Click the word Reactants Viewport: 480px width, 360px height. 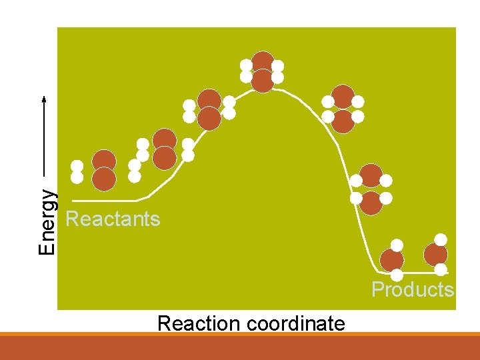click(113, 219)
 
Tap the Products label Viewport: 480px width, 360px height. click(412, 289)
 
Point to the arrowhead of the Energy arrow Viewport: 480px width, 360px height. click(44, 99)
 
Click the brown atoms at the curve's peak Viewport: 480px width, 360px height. click(263, 71)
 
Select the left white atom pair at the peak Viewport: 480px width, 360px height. click(247, 71)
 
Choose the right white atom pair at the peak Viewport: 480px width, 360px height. click(278, 71)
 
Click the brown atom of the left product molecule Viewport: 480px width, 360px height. click(392, 260)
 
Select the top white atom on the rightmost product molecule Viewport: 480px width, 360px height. click(441, 239)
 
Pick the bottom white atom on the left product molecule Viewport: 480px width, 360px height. click(397, 275)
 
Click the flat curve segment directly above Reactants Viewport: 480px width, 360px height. click(107, 200)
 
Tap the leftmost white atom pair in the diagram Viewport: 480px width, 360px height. click(77, 171)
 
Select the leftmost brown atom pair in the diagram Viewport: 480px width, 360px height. click(104, 169)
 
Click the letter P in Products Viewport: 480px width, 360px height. click(377, 289)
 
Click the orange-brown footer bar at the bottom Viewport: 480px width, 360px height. click(240, 347)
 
